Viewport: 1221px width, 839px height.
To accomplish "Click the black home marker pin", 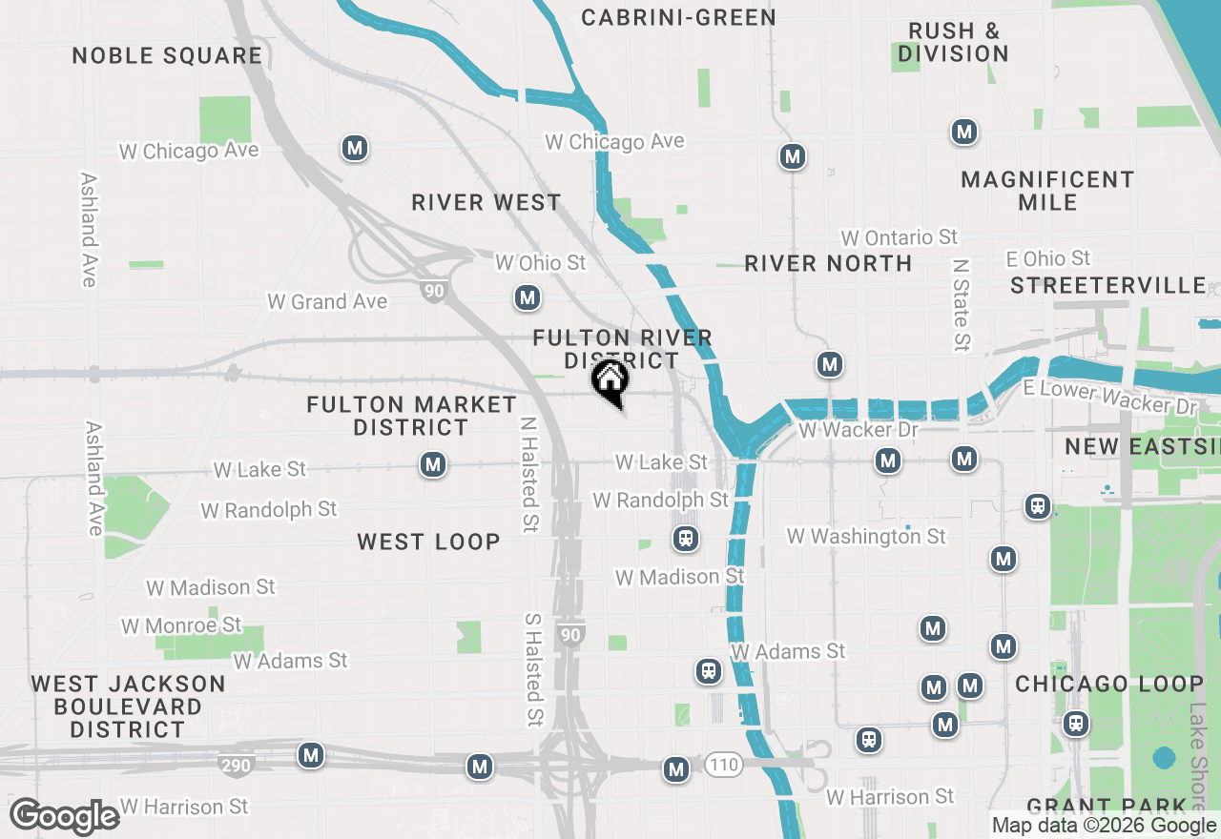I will click(x=610, y=382).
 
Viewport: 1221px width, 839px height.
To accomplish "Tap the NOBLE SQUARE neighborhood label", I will click(x=167, y=55).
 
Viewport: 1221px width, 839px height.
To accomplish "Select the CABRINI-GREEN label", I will click(x=678, y=17).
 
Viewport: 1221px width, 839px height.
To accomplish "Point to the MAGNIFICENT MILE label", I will click(x=1047, y=191).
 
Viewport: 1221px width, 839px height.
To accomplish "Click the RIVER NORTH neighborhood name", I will click(x=828, y=263).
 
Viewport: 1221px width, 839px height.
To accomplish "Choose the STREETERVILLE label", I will click(x=1107, y=285).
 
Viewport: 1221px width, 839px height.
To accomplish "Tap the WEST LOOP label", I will click(x=428, y=542).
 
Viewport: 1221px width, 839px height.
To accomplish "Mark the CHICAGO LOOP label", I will click(x=1108, y=684).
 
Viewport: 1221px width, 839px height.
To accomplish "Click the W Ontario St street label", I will click(x=899, y=236).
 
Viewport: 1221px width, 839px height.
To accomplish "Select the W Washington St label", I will click(x=866, y=537).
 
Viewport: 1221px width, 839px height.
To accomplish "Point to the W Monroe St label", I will click(x=181, y=625).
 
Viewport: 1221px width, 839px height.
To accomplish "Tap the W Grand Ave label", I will click(x=327, y=301).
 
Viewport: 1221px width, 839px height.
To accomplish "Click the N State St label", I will click(x=962, y=304).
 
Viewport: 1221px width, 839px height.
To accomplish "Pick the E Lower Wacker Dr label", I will click(x=1109, y=397).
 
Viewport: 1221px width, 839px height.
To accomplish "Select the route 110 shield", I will click(x=724, y=764).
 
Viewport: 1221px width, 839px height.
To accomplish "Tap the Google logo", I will click(x=64, y=816).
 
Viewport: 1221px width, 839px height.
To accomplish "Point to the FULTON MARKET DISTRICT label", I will click(x=411, y=416).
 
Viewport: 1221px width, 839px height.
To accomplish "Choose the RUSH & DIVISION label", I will click(x=953, y=42).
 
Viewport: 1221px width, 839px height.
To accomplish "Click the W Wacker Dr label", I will click(x=859, y=430).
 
